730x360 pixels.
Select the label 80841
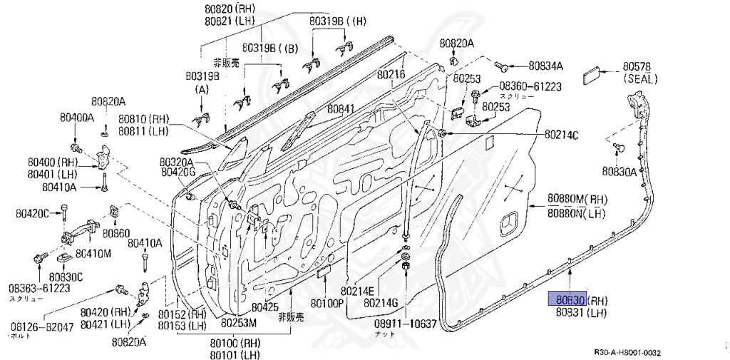pyautogui.click(x=341, y=109)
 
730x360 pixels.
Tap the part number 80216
pyautogui.click(x=391, y=73)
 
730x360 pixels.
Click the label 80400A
pyautogui.click(x=76, y=117)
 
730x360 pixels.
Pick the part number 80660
pyautogui.click(x=115, y=232)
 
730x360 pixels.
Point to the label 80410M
pyautogui.click(x=93, y=253)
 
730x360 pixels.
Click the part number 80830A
pyautogui.click(x=619, y=171)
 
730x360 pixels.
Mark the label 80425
pyautogui.click(x=264, y=307)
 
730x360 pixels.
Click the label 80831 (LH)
pyautogui.click(x=581, y=312)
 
